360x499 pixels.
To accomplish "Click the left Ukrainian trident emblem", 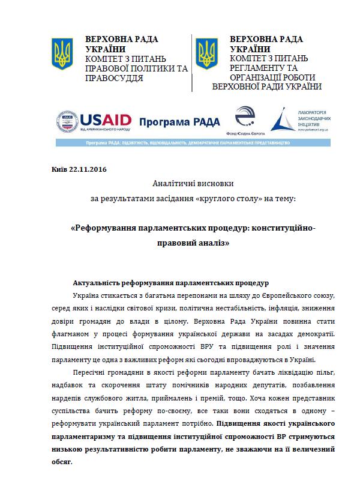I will click(61, 52).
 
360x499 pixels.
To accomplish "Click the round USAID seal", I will click(67, 122).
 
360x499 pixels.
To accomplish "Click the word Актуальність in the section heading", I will click(98, 282).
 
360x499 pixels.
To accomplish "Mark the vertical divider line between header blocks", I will click(192, 63).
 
